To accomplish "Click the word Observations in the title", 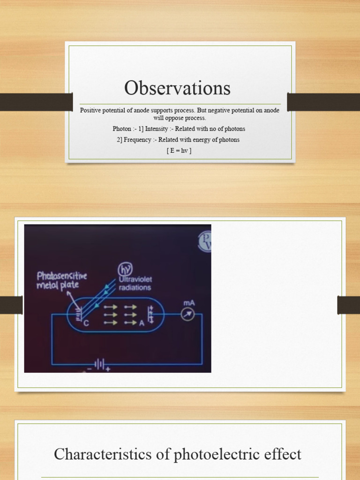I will [x=177, y=88].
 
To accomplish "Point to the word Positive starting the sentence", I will [x=90, y=111].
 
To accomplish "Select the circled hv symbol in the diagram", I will [x=125, y=269].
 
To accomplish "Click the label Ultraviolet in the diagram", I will [x=135, y=278].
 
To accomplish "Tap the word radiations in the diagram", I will [x=135, y=287].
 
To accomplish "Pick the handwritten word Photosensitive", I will [x=62, y=276].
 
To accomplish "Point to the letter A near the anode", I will [x=142, y=323].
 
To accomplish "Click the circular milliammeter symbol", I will [x=187, y=315].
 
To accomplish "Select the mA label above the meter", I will [x=189, y=303].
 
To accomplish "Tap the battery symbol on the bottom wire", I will [x=99, y=363].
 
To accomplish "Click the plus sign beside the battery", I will [x=108, y=369].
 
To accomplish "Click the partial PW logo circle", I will [x=205, y=240].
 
